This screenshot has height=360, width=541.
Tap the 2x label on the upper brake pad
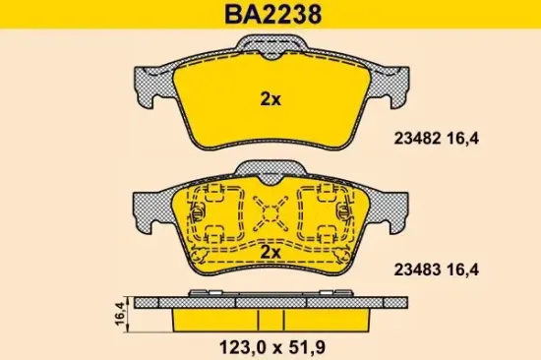point(270,98)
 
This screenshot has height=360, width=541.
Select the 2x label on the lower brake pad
point(270,253)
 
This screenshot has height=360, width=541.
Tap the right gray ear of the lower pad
point(391,204)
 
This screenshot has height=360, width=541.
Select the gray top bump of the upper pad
point(270,46)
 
